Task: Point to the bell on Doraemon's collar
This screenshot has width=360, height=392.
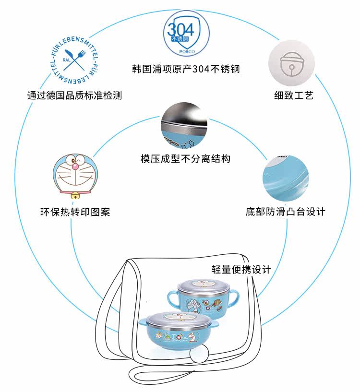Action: (x=74, y=196)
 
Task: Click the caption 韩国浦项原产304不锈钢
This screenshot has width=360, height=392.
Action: (x=186, y=69)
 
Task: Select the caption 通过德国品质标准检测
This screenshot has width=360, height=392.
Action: (x=74, y=95)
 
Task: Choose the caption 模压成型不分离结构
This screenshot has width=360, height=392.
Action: (x=185, y=158)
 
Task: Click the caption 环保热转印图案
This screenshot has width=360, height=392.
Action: (x=74, y=212)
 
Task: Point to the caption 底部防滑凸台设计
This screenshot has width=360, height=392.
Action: (x=285, y=212)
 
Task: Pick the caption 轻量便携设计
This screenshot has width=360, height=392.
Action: (x=241, y=269)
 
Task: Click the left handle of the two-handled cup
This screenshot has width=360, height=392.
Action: (x=172, y=300)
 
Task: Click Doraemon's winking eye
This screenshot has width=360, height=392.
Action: (x=68, y=160)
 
